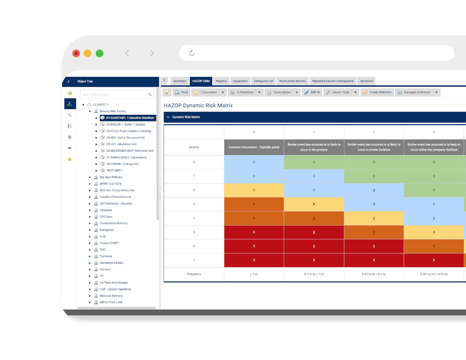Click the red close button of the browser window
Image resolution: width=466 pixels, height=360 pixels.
tap(76, 54)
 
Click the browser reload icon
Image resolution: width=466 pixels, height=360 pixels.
tap(192, 53)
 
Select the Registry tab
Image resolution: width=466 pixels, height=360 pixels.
tap(221, 81)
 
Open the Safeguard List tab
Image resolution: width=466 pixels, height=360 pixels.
tap(263, 81)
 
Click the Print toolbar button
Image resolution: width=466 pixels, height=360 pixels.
tap(181, 92)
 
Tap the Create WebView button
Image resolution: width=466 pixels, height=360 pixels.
tap(377, 92)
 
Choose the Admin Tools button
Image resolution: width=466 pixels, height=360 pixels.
tap(337, 92)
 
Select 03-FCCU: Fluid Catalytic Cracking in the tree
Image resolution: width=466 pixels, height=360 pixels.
tap(128, 131)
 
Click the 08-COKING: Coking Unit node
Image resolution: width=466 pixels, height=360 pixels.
tap(122, 164)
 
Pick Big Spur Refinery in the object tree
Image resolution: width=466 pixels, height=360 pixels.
tap(111, 177)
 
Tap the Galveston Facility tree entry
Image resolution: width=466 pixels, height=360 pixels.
tap(111, 263)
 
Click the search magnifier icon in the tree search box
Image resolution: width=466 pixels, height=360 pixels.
tap(150, 95)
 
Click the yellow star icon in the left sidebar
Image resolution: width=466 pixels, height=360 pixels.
tap(69, 159)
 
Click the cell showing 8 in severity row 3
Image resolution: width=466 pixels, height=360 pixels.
tap(314, 204)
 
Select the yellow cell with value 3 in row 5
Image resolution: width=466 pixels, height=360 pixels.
tap(434, 232)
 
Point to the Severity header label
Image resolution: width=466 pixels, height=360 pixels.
tap(194, 147)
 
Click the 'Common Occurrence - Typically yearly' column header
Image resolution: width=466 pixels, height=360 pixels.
tap(254, 147)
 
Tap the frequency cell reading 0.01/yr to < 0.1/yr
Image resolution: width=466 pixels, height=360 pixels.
tap(374, 274)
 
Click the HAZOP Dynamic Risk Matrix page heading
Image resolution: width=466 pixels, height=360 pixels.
tap(198, 106)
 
